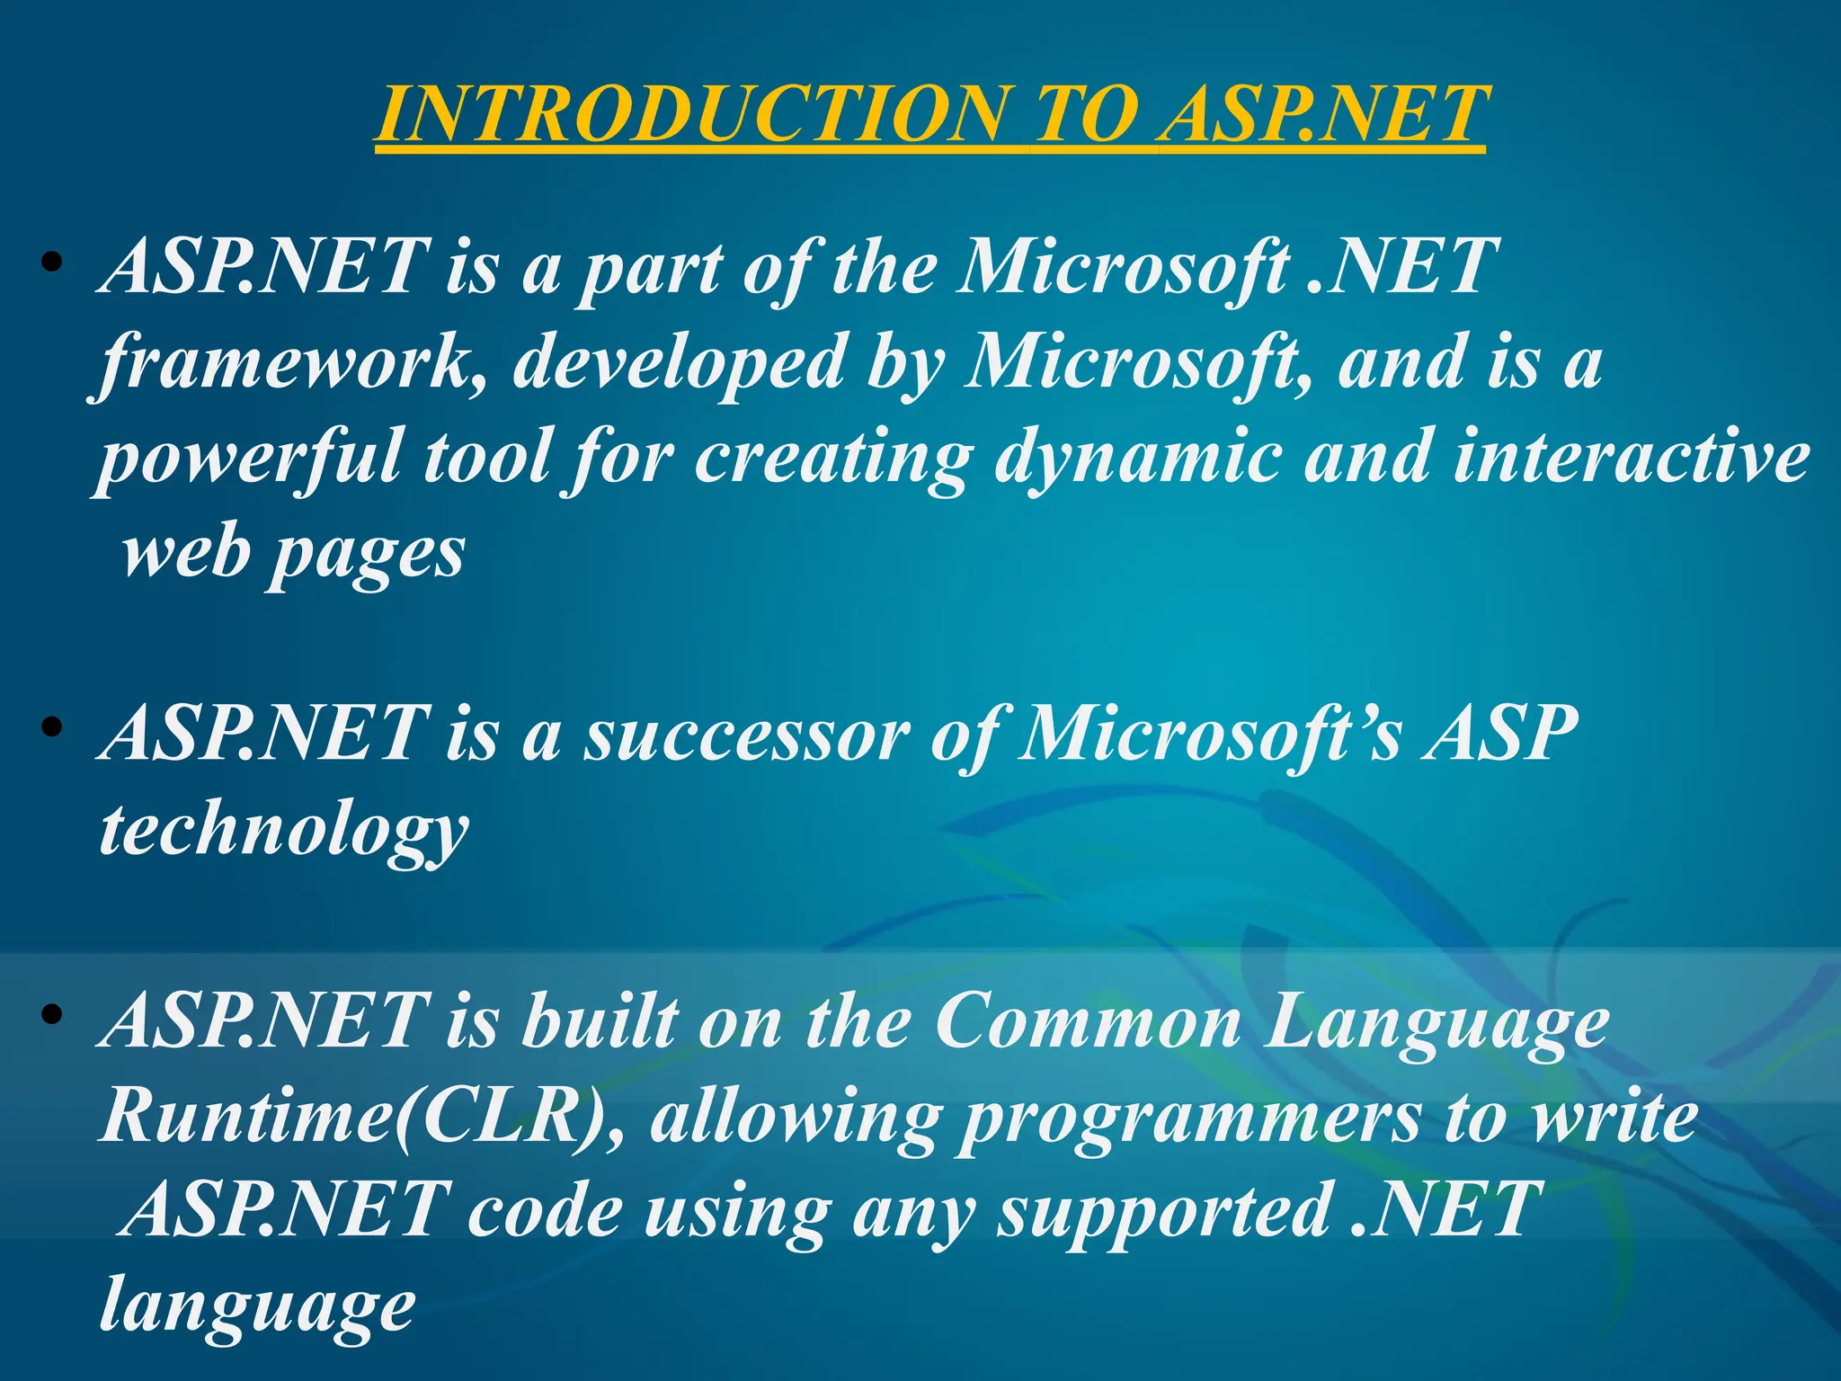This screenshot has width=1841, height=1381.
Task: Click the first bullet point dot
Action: point(52,263)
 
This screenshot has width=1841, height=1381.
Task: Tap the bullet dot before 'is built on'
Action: point(52,1015)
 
